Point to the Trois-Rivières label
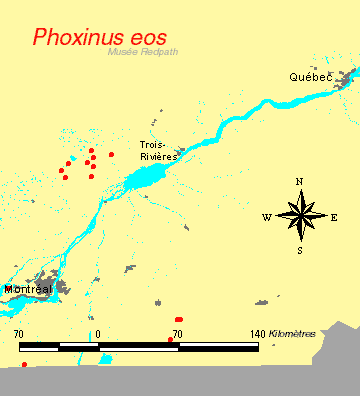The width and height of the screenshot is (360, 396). tap(158, 150)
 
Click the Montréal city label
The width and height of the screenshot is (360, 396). tap(28, 289)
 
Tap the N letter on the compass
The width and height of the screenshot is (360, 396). tap(299, 182)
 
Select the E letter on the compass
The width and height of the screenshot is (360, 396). tap(334, 216)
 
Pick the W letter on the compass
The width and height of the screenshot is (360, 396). tap(266, 216)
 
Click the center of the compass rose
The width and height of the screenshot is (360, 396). tap(300, 215)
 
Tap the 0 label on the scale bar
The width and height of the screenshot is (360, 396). tap(98, 333)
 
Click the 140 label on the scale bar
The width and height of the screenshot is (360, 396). tap(256, 333)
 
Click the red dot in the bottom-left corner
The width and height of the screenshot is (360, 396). tap(24, 365)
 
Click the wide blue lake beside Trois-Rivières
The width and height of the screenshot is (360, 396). tap(150, 179)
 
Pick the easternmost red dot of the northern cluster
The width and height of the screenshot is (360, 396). tap(111, 154)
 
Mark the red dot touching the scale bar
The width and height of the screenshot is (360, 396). tap(171, 340)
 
